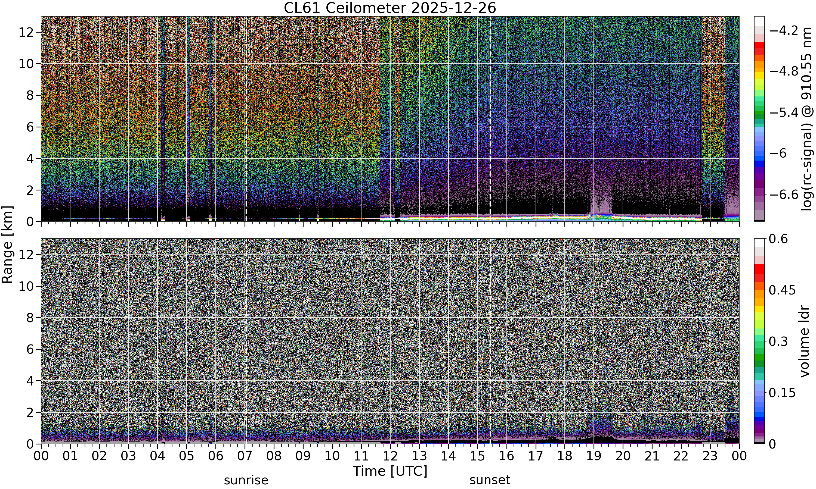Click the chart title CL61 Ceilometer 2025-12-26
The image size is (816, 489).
pyautogui.click(x=390, y=8)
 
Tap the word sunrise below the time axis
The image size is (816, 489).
pyautogui.click(x=246, y=480)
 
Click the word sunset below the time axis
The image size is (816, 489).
pyautogui.click(x=490, y=480)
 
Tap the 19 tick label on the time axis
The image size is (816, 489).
pyautogui.click(x=594, y=456)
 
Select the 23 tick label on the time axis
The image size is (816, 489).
pyautogui.click(x=710, y=456)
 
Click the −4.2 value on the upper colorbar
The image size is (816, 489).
pyautogui.click(x=783, y=31)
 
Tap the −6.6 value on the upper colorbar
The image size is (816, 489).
pyautogui.click(x=783, y=195)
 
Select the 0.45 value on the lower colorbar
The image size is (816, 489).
pyautogui.click(x=782, y=290)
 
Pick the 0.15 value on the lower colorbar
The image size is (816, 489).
pyautogui.click(x=782, y=393)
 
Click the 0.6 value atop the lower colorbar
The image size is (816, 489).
pyautogui.click(x=778, y=239)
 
